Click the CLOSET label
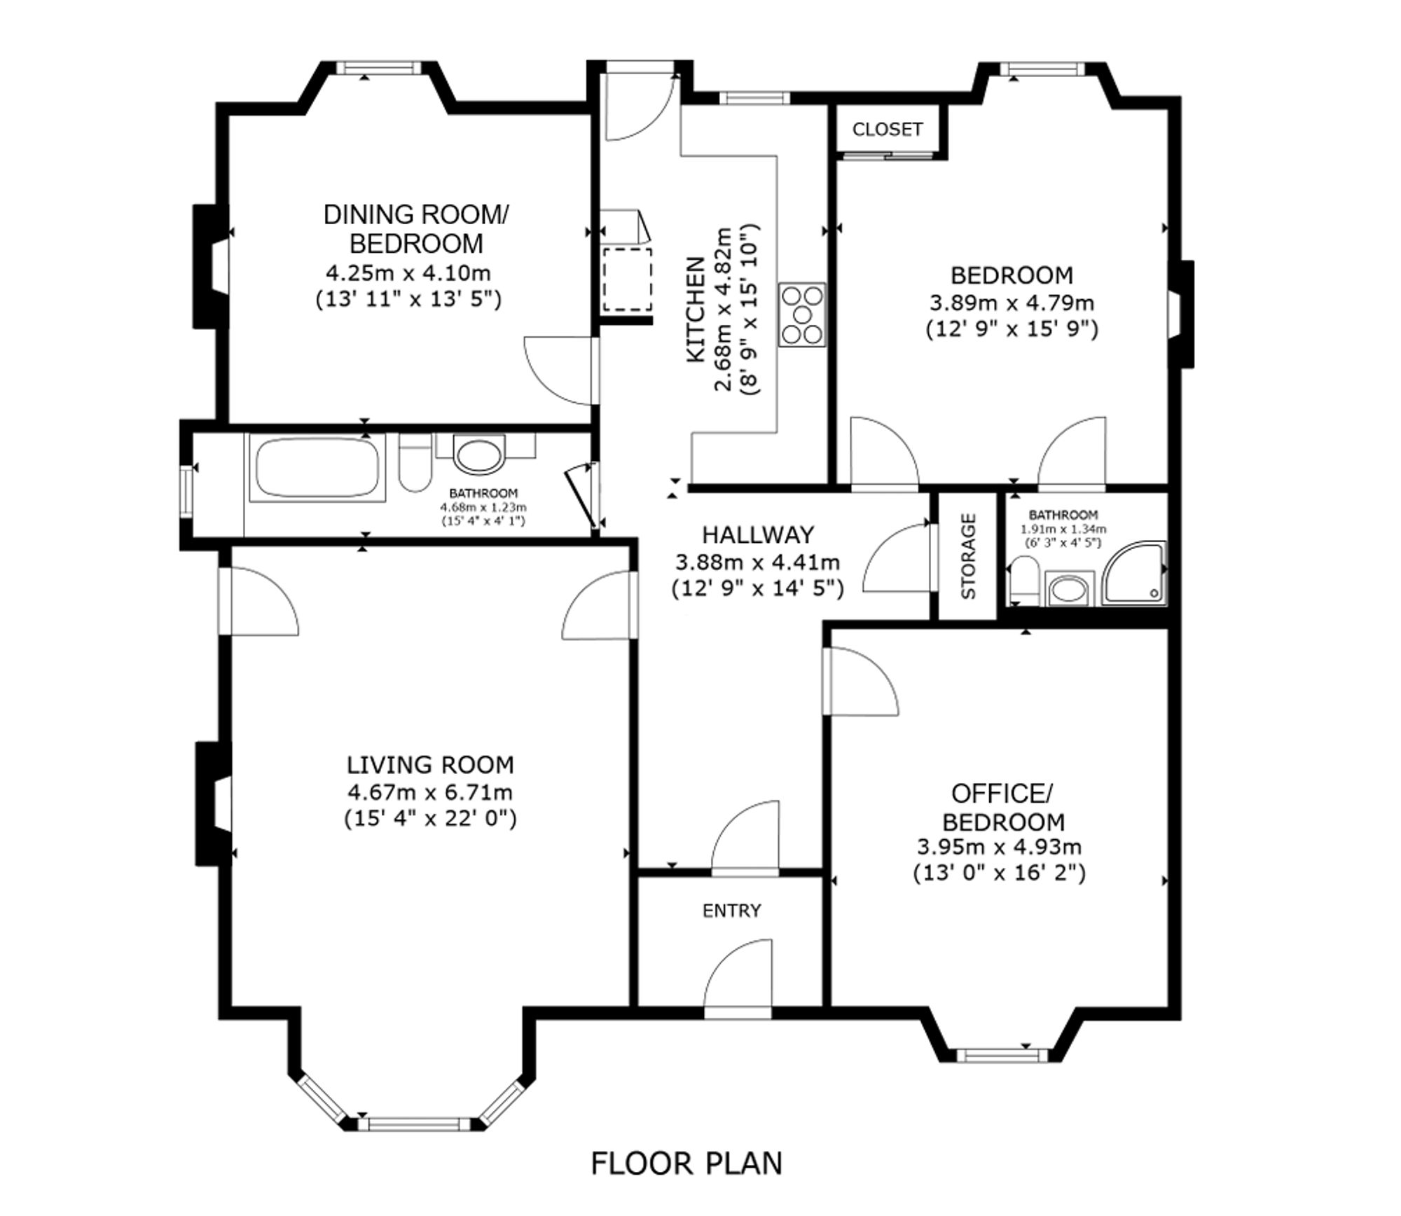point(887,129)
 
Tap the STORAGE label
point(968,556)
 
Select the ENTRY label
point(731,911)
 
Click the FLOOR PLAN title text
point(686,1163)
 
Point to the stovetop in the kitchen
point(802,315)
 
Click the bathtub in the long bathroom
point(317,467)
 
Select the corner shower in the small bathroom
point(1134,573)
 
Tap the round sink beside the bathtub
point(479,452)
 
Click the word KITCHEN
point(695,310)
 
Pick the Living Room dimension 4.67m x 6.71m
point(430,792)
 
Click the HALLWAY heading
point(758,534)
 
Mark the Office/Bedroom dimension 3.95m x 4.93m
point(1000,847)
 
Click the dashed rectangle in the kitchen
point(628,279)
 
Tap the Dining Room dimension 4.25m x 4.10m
point(408,272)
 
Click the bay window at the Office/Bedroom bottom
point(1002,1055)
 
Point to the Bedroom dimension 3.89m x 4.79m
point(1012,303)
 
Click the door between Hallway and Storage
point(899,558)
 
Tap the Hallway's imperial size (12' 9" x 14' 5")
point(757,588)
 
